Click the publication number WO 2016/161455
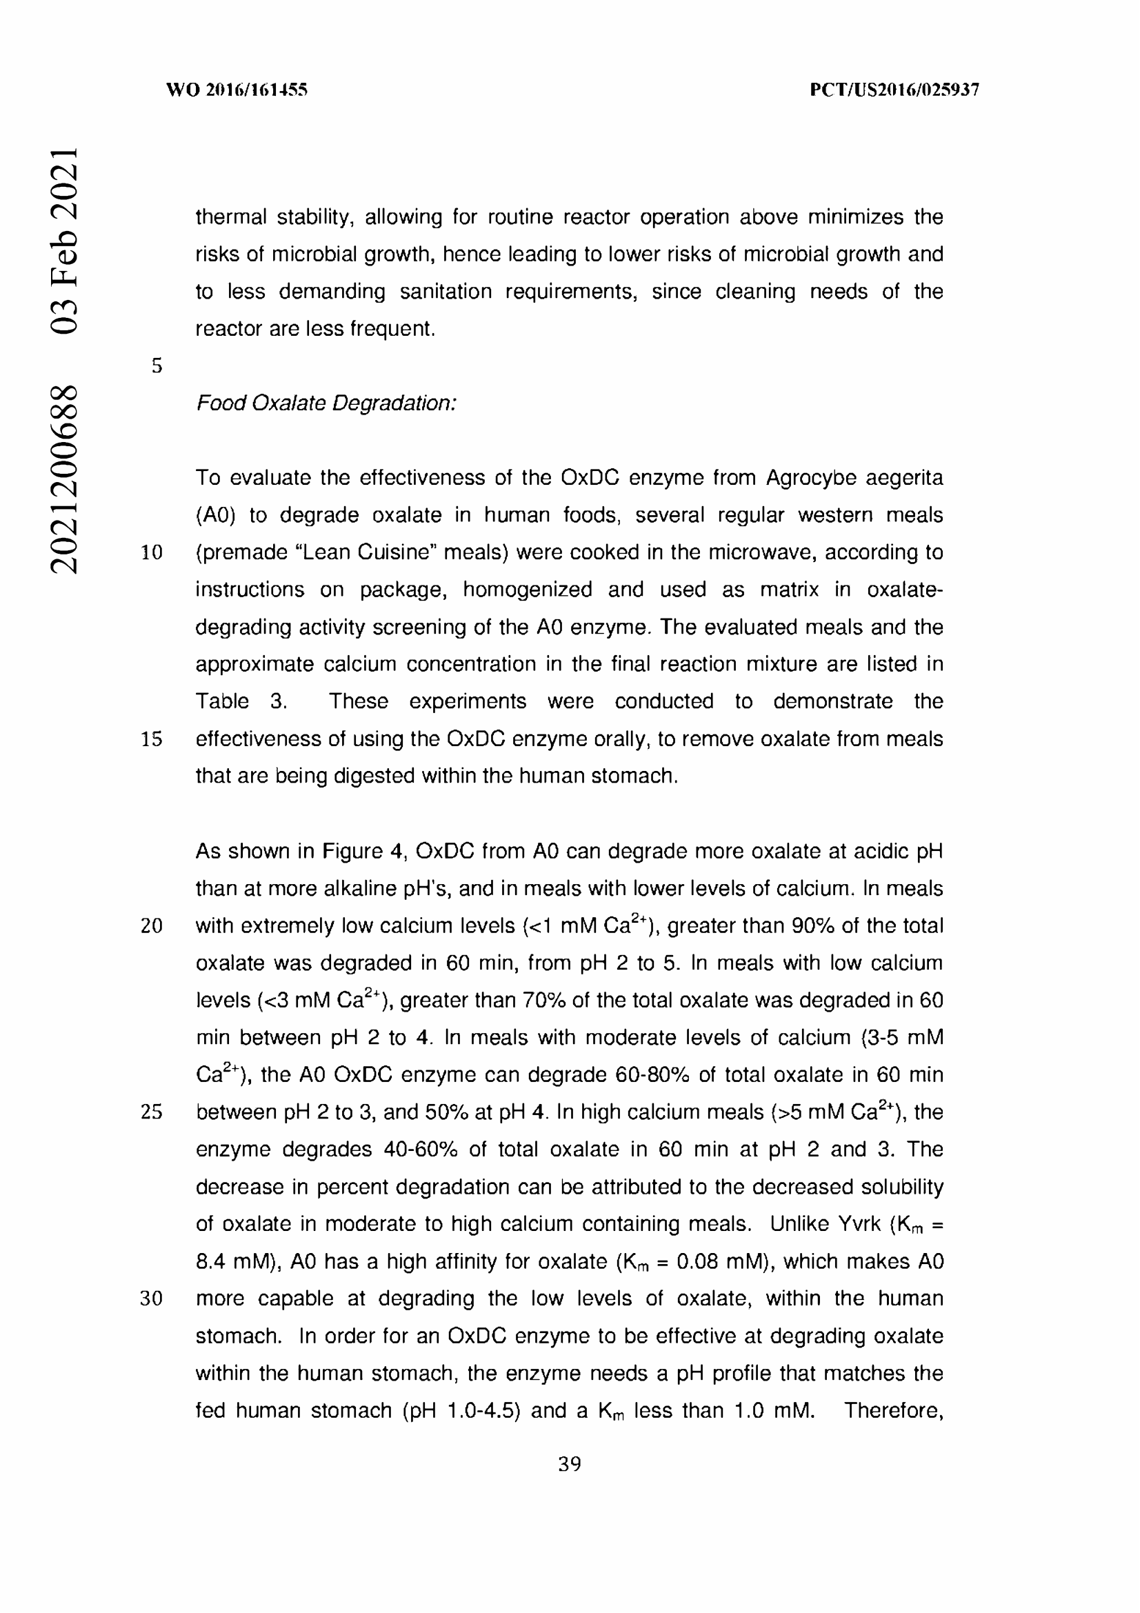[x=237, y=90]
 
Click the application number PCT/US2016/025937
[x=894, y=90]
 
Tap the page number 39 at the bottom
[x=569, y=1464]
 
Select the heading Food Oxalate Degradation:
[x=326, y=403]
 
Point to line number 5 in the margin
[x=157, y=366]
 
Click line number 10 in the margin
[x=152, y=553]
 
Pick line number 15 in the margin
[x=152, y=739]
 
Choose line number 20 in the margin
[x=152, y=926]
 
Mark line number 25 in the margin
[x=152, y=1112]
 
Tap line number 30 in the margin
[x=152, y=1299]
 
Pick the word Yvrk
[x=859, y=1224]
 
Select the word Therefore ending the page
[x=892, y=1411]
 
